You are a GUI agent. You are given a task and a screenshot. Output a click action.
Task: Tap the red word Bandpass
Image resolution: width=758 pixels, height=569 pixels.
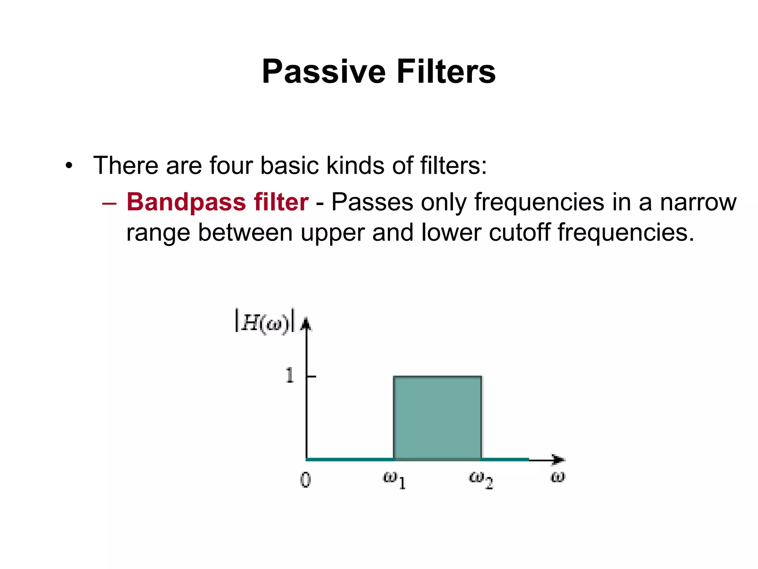(186, 202)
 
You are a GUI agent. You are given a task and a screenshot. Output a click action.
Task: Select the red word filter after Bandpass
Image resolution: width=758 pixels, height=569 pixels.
(281, 202)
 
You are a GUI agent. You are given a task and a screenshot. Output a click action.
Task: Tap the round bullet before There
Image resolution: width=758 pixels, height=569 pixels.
(69, 166)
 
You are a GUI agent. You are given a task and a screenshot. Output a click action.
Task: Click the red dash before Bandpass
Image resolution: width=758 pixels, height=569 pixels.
(109, 203)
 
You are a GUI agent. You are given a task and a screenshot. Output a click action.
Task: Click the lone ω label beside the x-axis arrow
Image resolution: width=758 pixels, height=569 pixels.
(557, 477)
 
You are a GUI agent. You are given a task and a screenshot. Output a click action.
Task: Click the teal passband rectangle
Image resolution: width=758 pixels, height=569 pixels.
(437, 417)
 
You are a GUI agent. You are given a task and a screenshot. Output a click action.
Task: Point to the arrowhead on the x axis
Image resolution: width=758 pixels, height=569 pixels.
(559, 460)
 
